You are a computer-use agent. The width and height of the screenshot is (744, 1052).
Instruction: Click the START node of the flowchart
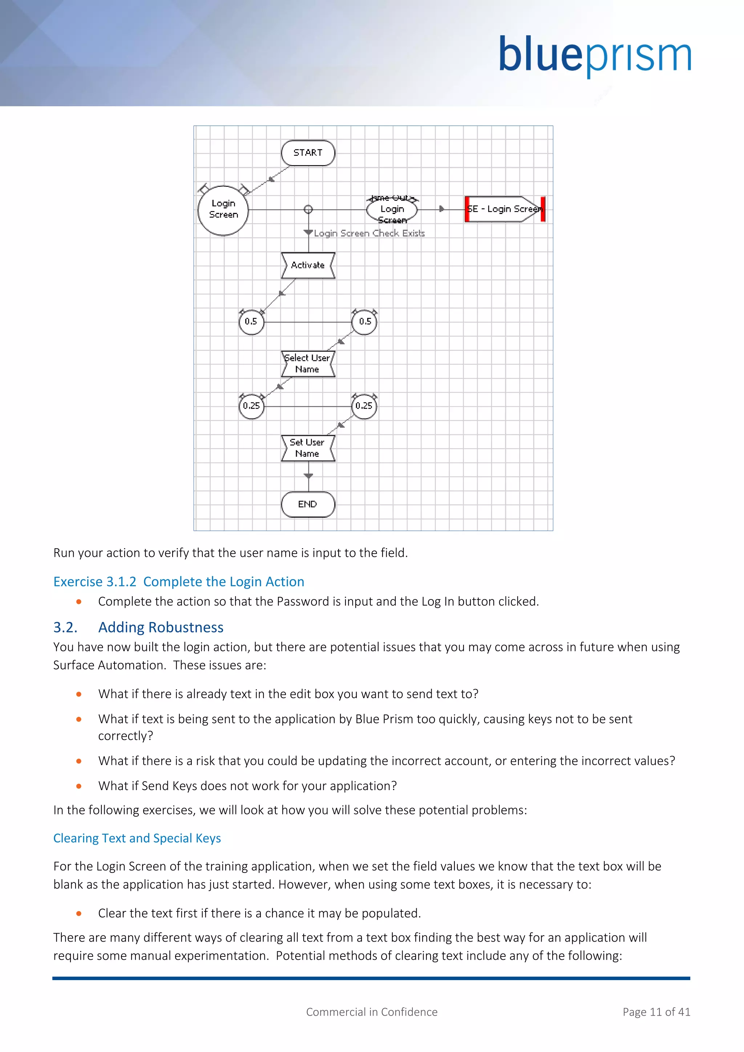pyautogui.click(x=308, y=153)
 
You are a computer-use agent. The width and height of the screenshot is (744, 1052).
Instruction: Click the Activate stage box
pyautogui.click(x=308, y=265)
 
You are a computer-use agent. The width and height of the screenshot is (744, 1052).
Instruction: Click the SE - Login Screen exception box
pyautogui.click(x=504, y=209)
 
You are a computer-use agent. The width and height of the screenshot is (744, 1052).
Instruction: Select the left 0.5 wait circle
pyautogui.click(x=251, y=321)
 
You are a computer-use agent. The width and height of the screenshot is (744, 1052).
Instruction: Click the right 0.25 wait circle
pyautogui.click(x=364, y=406)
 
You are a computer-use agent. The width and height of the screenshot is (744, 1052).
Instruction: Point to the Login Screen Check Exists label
pyautogui.click(x=369, y=233)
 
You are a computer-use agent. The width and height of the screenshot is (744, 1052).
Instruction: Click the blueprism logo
pyautogui.click(x=595, y=56)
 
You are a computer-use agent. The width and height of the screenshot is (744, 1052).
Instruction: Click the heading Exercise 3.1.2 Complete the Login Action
pyautogui.click(x=179, y=582)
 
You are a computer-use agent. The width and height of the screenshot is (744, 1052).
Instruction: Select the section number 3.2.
pyautogui.click(x=65, y=627)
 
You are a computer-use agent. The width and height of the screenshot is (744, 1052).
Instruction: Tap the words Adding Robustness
pyautogui.click(x=161, y=627)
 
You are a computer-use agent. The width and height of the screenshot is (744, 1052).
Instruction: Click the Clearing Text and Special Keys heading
pyautogui.click(x=137, y=838)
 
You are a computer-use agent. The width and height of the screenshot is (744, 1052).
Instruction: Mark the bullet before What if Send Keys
pyautogui.click(x=79, y=786)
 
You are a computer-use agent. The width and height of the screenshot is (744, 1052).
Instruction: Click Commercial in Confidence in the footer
pyautogui.click(x=372, y=1012)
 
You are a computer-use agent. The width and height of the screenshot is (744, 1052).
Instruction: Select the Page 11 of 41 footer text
pyautogui.click(x=656, y=1012)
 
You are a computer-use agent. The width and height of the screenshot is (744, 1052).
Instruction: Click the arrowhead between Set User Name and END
pyautogui.click(x=308, y=477)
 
